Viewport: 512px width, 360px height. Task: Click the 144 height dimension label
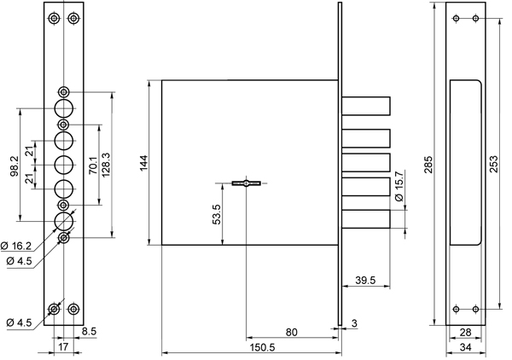pyautogui.click(x=143, y=163)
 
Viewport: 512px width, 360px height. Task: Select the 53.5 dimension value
pyautogui.click(x=216, y=214)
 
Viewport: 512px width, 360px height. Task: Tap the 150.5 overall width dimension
pyautogui.click(x=263, y=347)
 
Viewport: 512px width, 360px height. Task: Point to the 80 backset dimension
pyautogui.click(x=291, y=332)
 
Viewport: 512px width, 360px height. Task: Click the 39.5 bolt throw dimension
pyautogui.click(x=365, y=280)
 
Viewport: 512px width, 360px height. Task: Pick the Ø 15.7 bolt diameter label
pyautogui.click(x=399, y=186)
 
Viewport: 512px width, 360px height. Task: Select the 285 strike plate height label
pyautogui.click(x=428, y=165)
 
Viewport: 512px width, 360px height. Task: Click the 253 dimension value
pyautogui.click(x=494, y=164)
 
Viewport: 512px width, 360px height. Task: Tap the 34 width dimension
pyautogui.click(x=465, y=347)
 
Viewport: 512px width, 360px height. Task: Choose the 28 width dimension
pyautogui.click(x=465, y=333)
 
